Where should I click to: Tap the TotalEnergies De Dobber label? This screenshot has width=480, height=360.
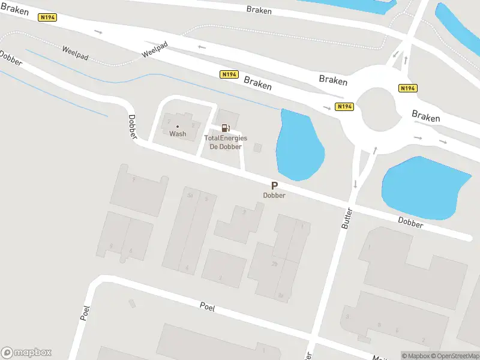pyautogui.click(x=226, y=142)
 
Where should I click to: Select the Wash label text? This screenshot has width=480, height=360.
pyautogui.click(x=178, y=134)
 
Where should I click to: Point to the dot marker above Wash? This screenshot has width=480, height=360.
pyautogui.click(x=178, y=126)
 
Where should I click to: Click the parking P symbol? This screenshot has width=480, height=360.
pyautogui.click(x=274, y=186)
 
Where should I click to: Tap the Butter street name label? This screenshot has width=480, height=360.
pyautogui.click(x=346, y=218)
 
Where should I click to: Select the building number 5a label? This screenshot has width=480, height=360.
pyautogui.click(x=190, y=196)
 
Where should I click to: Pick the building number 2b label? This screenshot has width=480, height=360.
pyautogui.click(x=275, y=263)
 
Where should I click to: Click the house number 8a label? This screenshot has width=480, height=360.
pyautogui.click(x=280, y=295)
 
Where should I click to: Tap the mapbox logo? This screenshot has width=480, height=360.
pyautogui.click(x=26, y=353)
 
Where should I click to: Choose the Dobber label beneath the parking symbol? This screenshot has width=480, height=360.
pyautogui.click(x=274, y=196)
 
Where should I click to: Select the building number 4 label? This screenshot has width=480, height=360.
pyautogui.click(x=187, y=268)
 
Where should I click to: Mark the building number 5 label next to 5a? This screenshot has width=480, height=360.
pyautogui.click(x=206, y=199)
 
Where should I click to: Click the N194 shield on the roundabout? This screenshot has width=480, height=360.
pyautogui.click(x=344, y=107)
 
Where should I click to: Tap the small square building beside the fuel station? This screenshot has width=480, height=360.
pyautogui.click(x=258, y=148)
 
